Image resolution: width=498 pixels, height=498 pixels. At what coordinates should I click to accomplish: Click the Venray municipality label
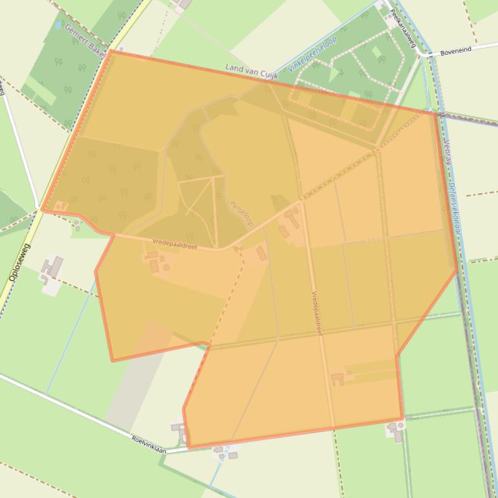447,151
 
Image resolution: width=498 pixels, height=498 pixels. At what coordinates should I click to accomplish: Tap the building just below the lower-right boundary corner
395,431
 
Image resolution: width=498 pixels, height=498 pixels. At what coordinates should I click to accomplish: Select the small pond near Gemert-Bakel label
60,25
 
